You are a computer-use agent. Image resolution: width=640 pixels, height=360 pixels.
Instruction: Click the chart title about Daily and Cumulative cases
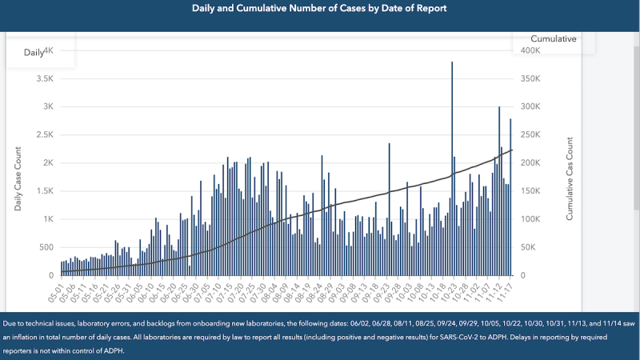tap(319, 8)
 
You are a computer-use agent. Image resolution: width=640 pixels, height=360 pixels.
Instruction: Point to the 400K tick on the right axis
tap(531, 50)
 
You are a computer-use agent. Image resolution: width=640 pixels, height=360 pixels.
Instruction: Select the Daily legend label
tap(34, 52)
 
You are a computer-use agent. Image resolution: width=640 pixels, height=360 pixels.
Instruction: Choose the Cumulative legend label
tap(554, 38)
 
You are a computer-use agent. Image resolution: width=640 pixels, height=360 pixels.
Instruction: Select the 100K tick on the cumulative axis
tap(531, 219)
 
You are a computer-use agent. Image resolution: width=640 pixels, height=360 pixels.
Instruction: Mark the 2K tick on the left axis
tap(46, 163)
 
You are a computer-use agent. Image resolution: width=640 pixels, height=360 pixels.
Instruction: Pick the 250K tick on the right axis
tap(531, 135)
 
